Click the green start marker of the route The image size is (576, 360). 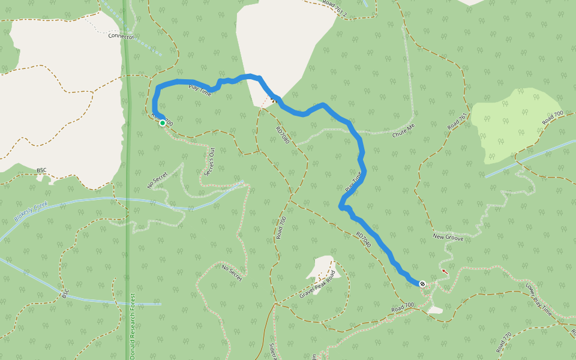162,123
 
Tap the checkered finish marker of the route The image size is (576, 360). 423,284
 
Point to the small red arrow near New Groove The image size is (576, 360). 445,272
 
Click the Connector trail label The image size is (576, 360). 121,36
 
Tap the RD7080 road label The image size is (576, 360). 283,135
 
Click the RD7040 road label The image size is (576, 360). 364,240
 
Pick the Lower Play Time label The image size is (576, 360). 539,300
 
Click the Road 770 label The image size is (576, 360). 503,343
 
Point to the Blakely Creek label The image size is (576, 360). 32,212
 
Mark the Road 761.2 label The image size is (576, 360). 335,5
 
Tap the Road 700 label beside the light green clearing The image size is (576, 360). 553,118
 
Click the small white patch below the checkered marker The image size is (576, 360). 435,310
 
